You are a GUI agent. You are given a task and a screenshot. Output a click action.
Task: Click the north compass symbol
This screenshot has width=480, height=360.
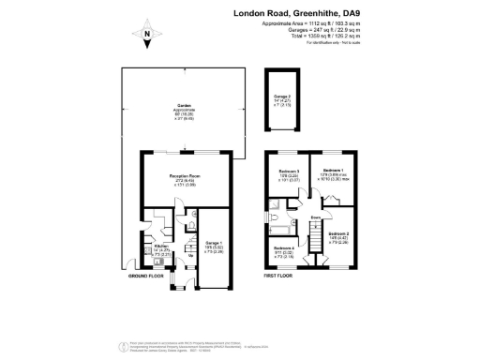pyautogui.click(x=147, y=38)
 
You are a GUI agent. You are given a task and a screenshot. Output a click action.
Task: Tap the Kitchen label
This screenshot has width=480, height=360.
pyautogui.click(x=160, y=247)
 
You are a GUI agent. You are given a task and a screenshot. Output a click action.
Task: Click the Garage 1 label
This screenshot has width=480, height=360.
pyautogui.click(x=215, y=243)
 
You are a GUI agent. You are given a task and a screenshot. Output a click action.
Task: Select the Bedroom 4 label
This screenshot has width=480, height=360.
pyautogui.click(x=283, y=248)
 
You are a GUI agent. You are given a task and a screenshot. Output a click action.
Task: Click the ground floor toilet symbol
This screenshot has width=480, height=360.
pyautogui.click(x=190, y=226)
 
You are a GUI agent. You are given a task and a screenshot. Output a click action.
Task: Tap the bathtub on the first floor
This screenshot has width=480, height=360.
pyautogui.click(x=282, y=228)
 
